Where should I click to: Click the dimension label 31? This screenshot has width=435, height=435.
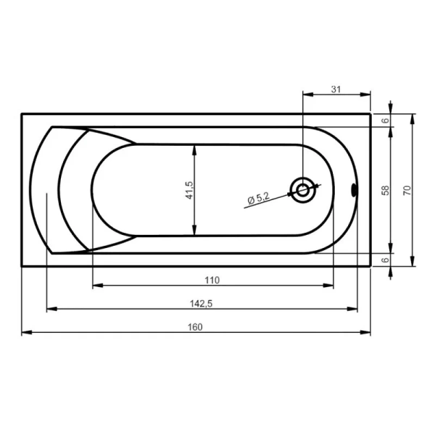336,89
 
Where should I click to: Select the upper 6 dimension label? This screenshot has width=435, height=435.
386,120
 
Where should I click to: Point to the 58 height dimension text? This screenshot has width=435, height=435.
386,190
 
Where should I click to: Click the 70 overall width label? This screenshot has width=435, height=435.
407,190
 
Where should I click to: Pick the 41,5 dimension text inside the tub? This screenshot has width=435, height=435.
189,190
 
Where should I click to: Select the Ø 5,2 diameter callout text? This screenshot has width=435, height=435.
259,197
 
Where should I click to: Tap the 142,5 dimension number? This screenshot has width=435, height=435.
203,303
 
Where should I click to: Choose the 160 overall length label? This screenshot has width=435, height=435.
196,326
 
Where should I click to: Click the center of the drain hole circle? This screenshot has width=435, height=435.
302,191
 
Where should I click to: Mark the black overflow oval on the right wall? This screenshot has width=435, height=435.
355,191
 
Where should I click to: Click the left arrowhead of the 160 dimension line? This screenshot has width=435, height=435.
25,333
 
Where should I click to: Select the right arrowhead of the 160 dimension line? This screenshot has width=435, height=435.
367,333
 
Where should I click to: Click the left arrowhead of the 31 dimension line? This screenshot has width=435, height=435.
306,95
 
